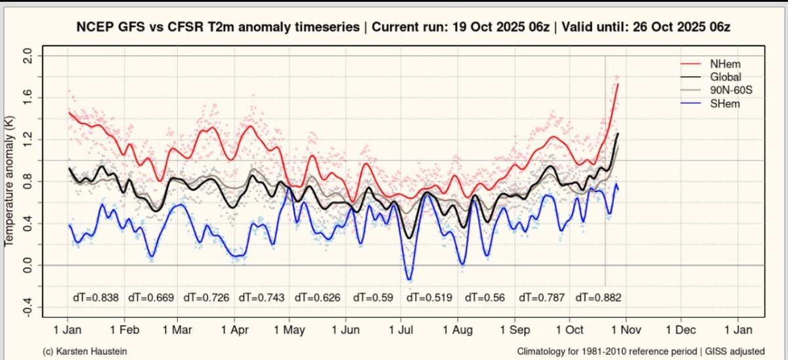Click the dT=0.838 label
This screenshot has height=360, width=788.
95,298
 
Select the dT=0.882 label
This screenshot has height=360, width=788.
598,298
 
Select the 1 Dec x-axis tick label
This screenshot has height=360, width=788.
680,328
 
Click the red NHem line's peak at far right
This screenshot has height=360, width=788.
618,84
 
